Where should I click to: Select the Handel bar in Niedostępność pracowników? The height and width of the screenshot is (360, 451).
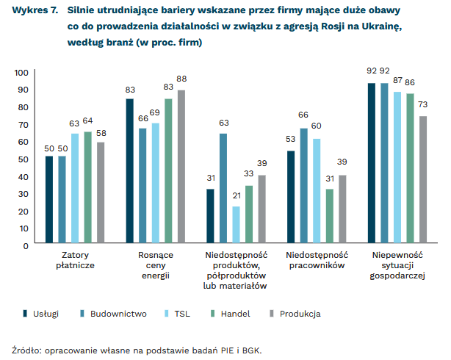[x=330, y=217]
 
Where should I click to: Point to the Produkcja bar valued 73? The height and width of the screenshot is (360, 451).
[x=423, y=180]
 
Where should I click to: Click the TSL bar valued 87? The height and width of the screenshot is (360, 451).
[x=397, y=168]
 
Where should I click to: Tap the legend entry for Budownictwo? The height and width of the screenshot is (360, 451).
[x=118, y=314]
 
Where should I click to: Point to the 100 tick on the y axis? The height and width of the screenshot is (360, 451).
[x=20, y=72]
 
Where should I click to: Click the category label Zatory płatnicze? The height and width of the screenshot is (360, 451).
[x=75, y=259]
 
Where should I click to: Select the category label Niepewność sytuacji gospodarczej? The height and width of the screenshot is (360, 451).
[x=397, y=264]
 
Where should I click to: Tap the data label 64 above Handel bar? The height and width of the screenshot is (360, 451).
[x=88, y=121]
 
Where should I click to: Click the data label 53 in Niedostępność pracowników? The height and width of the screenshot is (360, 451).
[x=290, y=140]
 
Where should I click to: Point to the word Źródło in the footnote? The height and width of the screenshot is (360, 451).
[x=28, y=349]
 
